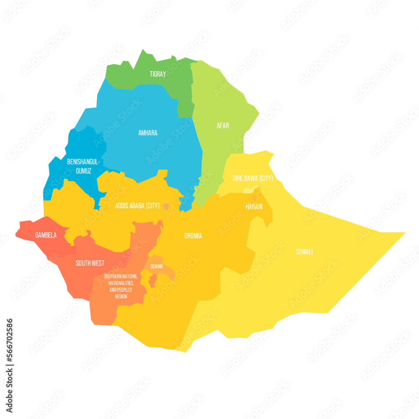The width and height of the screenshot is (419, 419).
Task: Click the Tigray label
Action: (158, 74)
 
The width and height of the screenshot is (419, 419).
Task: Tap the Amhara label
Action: (147, 133)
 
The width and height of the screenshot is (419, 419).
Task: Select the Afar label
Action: (223, 125)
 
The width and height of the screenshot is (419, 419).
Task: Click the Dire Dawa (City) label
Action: (253, 178)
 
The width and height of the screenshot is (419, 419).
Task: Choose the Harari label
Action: (254, 207)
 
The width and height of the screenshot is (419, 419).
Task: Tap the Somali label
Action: (304, 252)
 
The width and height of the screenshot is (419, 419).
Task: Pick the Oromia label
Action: (193, 236)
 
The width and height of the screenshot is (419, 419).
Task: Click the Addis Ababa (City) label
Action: (137, 206)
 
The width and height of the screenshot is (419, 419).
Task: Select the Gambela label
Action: (46, 235)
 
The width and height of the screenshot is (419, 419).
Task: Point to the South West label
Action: (90, 264)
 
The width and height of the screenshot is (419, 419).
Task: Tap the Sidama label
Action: (157, 266)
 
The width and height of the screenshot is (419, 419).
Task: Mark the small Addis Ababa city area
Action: (166, 206)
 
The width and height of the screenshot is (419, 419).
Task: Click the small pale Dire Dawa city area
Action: (248, 190)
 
